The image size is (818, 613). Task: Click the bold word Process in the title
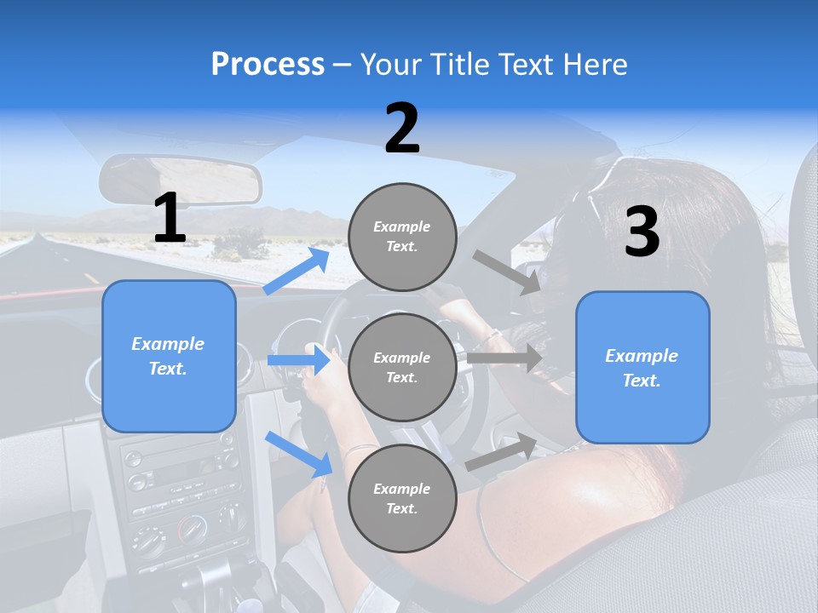[268, 65]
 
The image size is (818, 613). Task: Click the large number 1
[170, 218]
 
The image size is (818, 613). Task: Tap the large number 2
[402, 129]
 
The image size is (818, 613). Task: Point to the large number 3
[642, 232]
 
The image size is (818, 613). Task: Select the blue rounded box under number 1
[169, 356]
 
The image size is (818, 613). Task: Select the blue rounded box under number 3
[642, 368]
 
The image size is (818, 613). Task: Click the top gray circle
[402, 237]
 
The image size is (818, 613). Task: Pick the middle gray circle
[402, 368]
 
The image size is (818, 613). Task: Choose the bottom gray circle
[402, 499]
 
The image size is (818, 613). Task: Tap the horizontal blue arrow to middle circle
[298, 360]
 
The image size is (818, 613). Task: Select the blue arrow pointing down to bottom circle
[298, 454]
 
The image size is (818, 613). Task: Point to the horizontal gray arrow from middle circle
[504, 358]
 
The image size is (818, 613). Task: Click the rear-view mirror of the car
[180, 180]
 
